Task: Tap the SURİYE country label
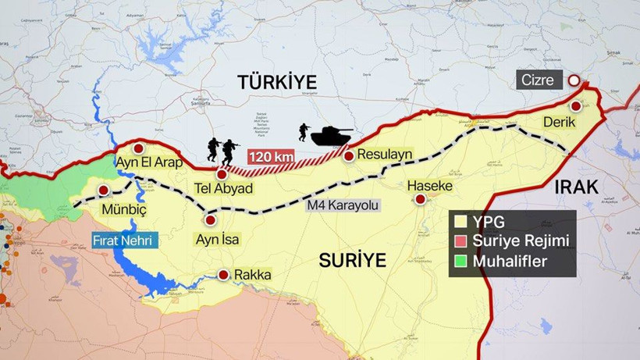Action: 353,260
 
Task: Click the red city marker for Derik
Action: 576,106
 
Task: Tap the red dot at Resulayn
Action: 349,155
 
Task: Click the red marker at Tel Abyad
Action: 222,174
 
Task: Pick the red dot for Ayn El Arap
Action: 138,148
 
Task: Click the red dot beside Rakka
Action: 224,275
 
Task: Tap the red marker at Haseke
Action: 421,200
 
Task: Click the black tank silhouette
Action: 331,136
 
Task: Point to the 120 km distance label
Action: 271,157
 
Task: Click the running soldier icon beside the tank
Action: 302,132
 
